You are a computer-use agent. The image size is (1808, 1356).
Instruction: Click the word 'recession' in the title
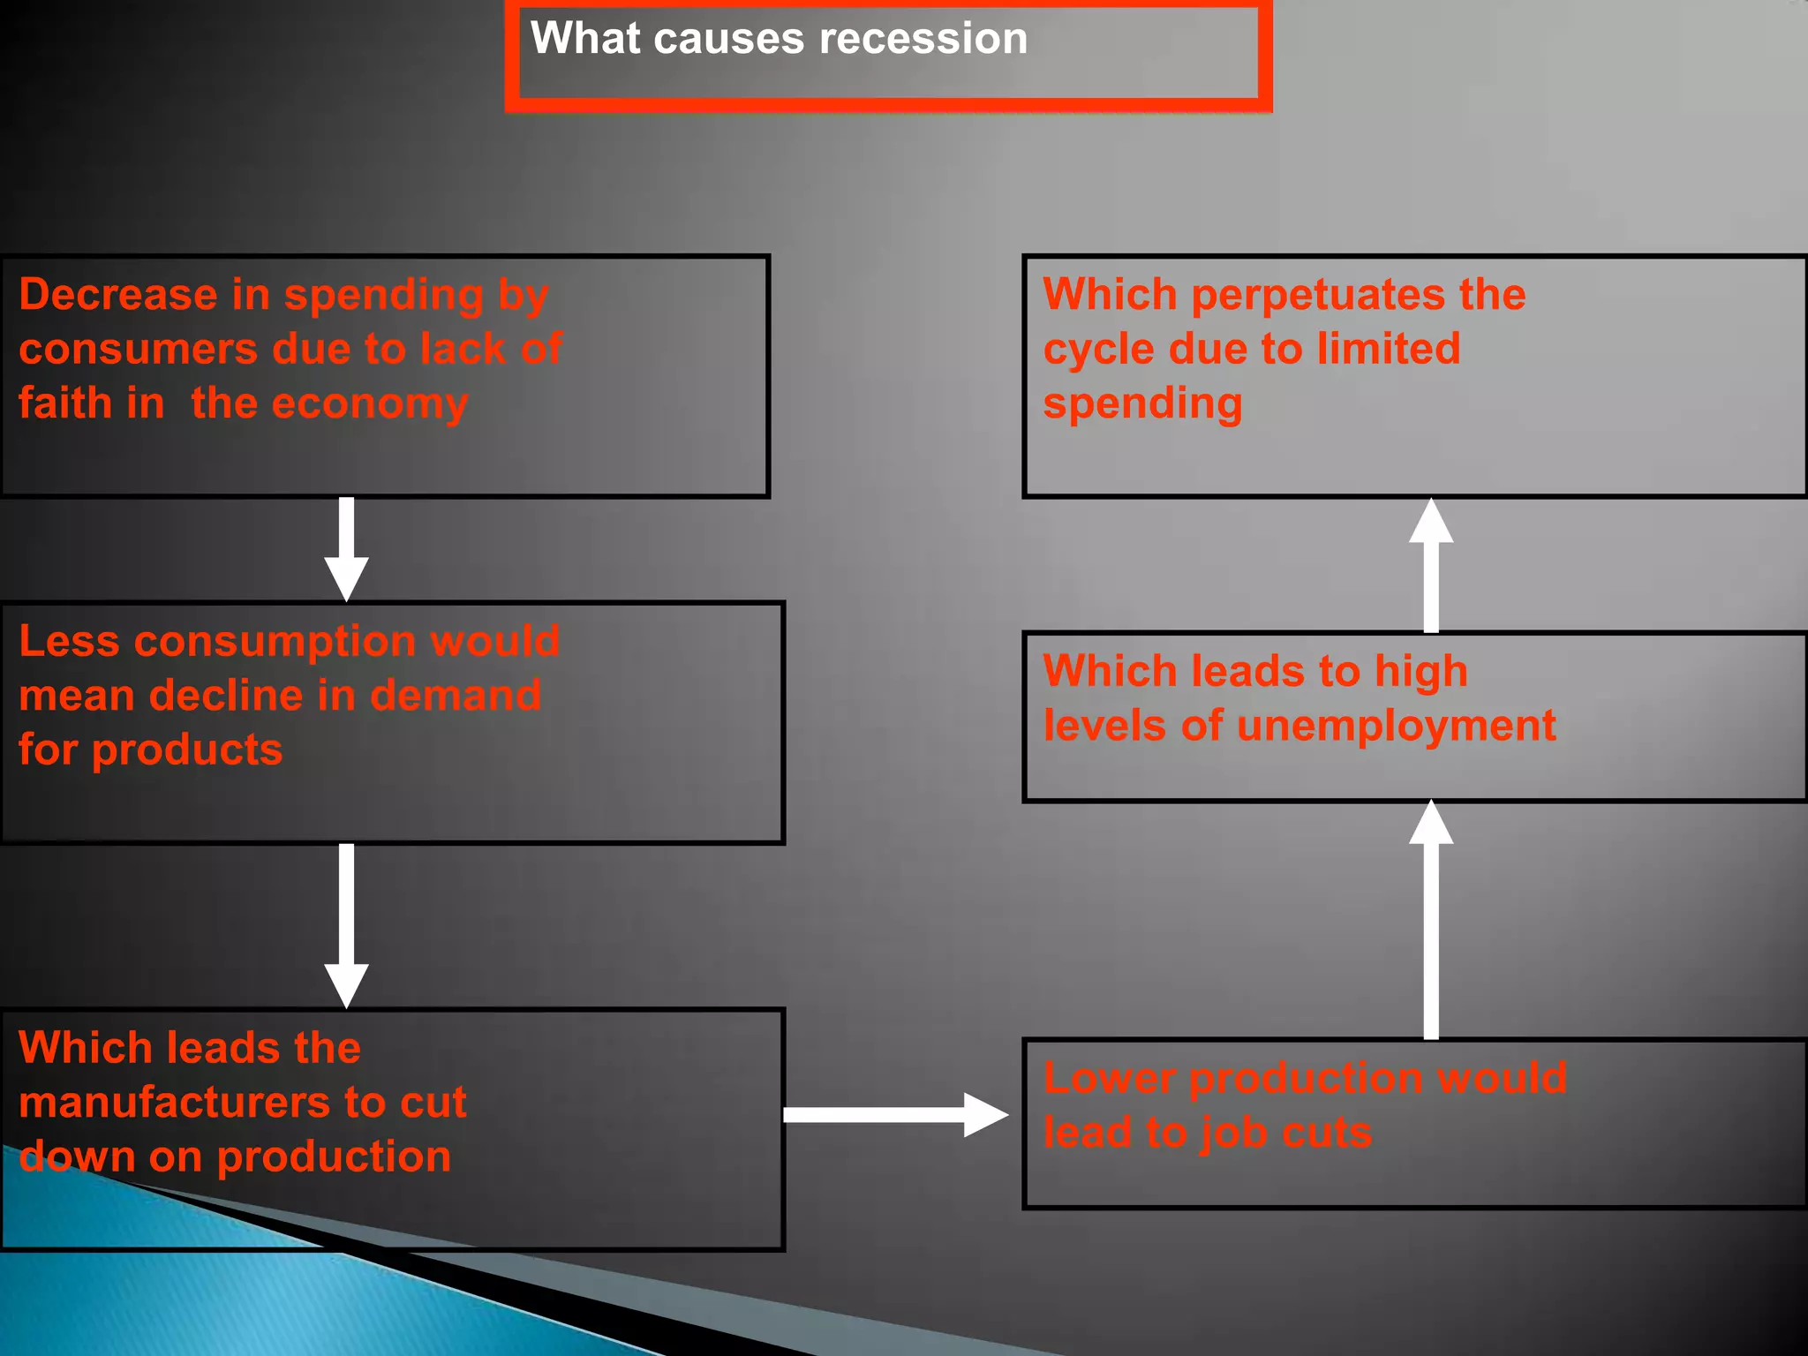tap(923, 39)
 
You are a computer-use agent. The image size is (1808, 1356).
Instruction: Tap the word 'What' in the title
tap(584, 39)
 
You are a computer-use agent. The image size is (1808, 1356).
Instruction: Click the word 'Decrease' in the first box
tap(118, 294)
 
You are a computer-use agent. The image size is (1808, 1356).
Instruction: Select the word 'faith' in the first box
tap(66, 403)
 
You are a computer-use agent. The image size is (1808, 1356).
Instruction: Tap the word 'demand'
tap(456, 696)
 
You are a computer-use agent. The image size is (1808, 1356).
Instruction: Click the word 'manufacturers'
tap(175, 1103)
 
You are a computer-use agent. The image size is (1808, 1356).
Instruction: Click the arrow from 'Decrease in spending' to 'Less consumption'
tap(346, 547)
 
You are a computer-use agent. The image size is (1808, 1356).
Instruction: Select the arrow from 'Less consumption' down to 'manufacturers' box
tap(346, 923)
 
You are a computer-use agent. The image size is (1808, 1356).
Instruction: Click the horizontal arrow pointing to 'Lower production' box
tap(892, 1114)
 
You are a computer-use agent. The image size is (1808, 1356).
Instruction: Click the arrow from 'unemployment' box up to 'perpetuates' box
tap(1430, 565)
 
